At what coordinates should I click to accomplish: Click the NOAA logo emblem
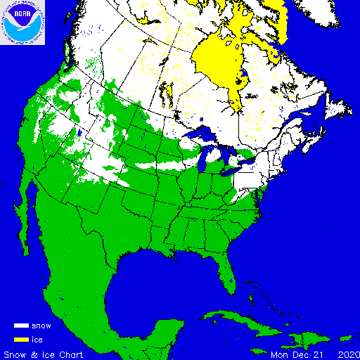click(x=22, y=22)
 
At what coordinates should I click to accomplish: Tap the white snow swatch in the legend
click(x=20, y=326)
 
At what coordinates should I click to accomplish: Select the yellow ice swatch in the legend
click(x=20, y=339)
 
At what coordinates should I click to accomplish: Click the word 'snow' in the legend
click(x=41, y=326)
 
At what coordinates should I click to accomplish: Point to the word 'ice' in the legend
click(x=37, y=339)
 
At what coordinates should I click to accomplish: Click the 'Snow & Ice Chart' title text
click(x=44, y=354)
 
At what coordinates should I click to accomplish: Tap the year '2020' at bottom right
click(x=347, y=354)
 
